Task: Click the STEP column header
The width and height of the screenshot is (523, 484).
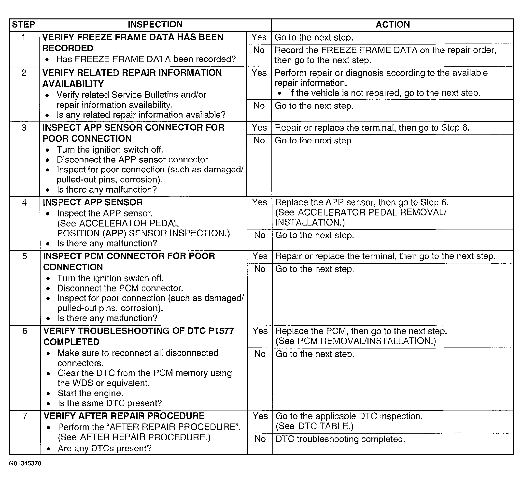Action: [x=24, y=25]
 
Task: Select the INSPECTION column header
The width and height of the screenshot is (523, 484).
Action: [x=155, y=25]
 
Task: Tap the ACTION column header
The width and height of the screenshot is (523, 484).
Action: [x=393, y=25]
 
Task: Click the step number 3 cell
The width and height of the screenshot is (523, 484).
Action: [x=24, y=128]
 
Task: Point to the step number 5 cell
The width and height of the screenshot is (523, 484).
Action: [x=24, y=256]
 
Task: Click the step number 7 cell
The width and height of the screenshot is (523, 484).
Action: [x=25, y=416]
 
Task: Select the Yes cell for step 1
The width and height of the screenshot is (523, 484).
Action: [x=259, y=37]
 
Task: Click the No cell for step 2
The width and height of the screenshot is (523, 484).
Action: [x=259, y=106]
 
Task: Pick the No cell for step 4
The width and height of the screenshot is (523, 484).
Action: [x=260, y=235]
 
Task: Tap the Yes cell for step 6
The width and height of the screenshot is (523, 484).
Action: [x=260, y=331]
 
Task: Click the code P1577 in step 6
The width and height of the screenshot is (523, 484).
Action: [x=221, y=331]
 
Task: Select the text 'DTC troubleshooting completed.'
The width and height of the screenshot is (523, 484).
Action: [x=340, y=439]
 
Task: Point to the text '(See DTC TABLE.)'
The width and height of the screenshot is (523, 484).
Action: [x=314, y=426]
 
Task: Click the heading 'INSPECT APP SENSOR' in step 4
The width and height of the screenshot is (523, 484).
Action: [x=93, y=202]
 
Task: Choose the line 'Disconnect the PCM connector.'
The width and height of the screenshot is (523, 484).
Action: [x=120, y=288]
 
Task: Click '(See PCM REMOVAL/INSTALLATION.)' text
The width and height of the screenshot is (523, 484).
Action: [x=356, y=341]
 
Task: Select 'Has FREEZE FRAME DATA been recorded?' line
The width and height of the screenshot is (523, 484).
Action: [x=146, y=59]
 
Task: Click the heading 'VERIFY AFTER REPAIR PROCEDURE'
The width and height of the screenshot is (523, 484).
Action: [x=124, y=416]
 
